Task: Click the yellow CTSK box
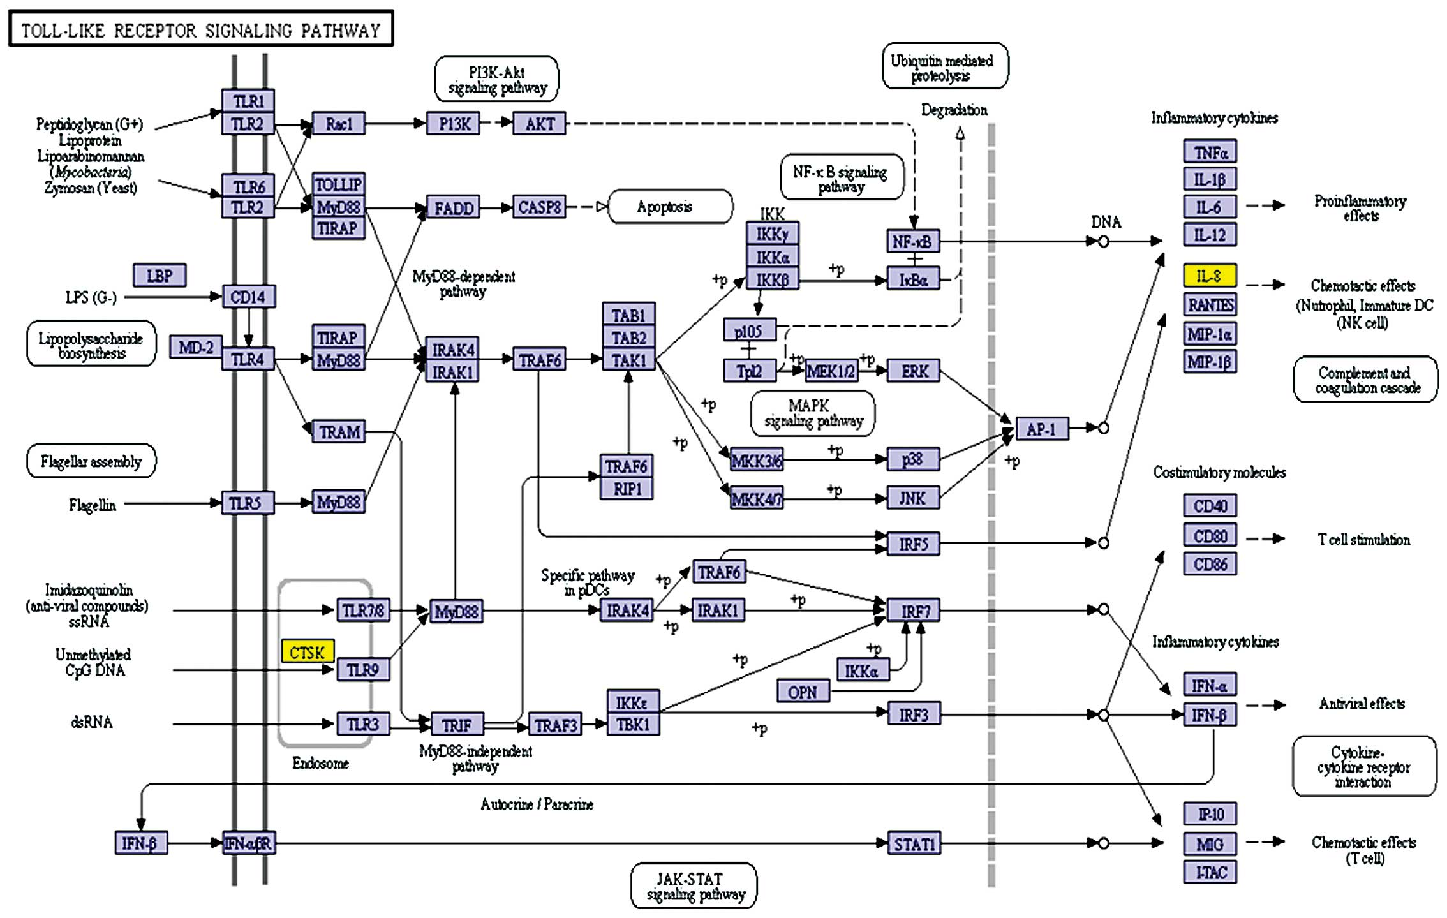point(308,651)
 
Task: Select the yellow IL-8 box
point(1209,276)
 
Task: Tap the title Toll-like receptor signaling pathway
point(200,29)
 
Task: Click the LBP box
point(160,276)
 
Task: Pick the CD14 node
point(248,297)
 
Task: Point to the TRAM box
point(339,432)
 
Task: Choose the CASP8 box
point(539,207)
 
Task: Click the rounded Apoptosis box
point(670,207)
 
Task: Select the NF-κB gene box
point(912,242)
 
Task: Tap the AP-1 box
point(1041,429)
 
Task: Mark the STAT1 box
point(914,844)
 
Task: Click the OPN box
point(803,692)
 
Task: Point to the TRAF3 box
point(555,725)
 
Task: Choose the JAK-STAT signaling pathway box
point(694,886)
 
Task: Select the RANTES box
point(1210,305)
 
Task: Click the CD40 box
point(1210,506)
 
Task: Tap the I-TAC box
point(1210,872)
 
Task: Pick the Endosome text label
point(320,763)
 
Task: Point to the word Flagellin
point(93,505)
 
